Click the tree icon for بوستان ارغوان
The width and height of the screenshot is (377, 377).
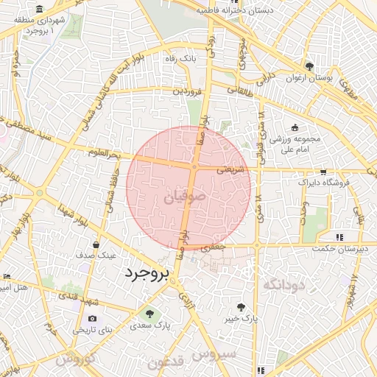pyautogui.click(x=309, y=66)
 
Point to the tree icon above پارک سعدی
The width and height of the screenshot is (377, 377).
pyautogui.click(x=150, y=313)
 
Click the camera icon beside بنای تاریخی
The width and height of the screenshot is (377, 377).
pyautogui.click(x=92, y=319)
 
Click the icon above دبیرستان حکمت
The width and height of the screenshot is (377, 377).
pyautogui.click(x=339, y=237)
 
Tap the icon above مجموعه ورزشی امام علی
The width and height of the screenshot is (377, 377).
pyautogui.click(x=295, y=127)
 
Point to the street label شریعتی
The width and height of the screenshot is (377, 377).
pyautogui.click(x=231, y=169)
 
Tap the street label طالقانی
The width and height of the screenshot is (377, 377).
pyautogui.click(x=237, y=90)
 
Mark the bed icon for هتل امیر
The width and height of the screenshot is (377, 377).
pyautogui.click(x=7, y=276)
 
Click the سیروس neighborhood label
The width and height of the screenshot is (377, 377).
pyautogui.click(x=214, y=355)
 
